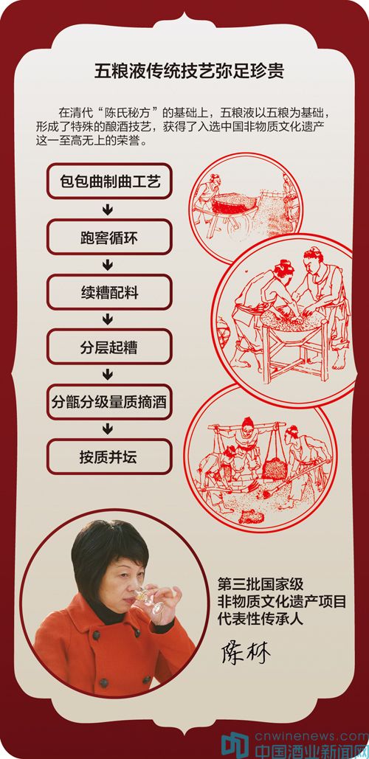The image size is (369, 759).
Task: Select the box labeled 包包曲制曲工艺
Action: [109, 181]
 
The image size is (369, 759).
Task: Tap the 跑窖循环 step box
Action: [109, 238]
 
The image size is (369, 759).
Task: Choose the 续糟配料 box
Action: [109, 292]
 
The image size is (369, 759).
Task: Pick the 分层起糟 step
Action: [109, 347]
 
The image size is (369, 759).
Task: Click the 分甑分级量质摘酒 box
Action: [109, 402]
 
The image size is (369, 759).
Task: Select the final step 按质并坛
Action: [109, 457]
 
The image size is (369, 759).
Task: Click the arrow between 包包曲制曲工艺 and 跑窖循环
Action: [108, 209]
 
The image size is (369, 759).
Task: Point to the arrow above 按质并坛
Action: [108, 429]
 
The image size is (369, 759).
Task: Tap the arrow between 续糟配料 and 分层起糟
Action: [108, 319]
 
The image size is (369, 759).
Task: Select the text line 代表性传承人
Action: [261, 619]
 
